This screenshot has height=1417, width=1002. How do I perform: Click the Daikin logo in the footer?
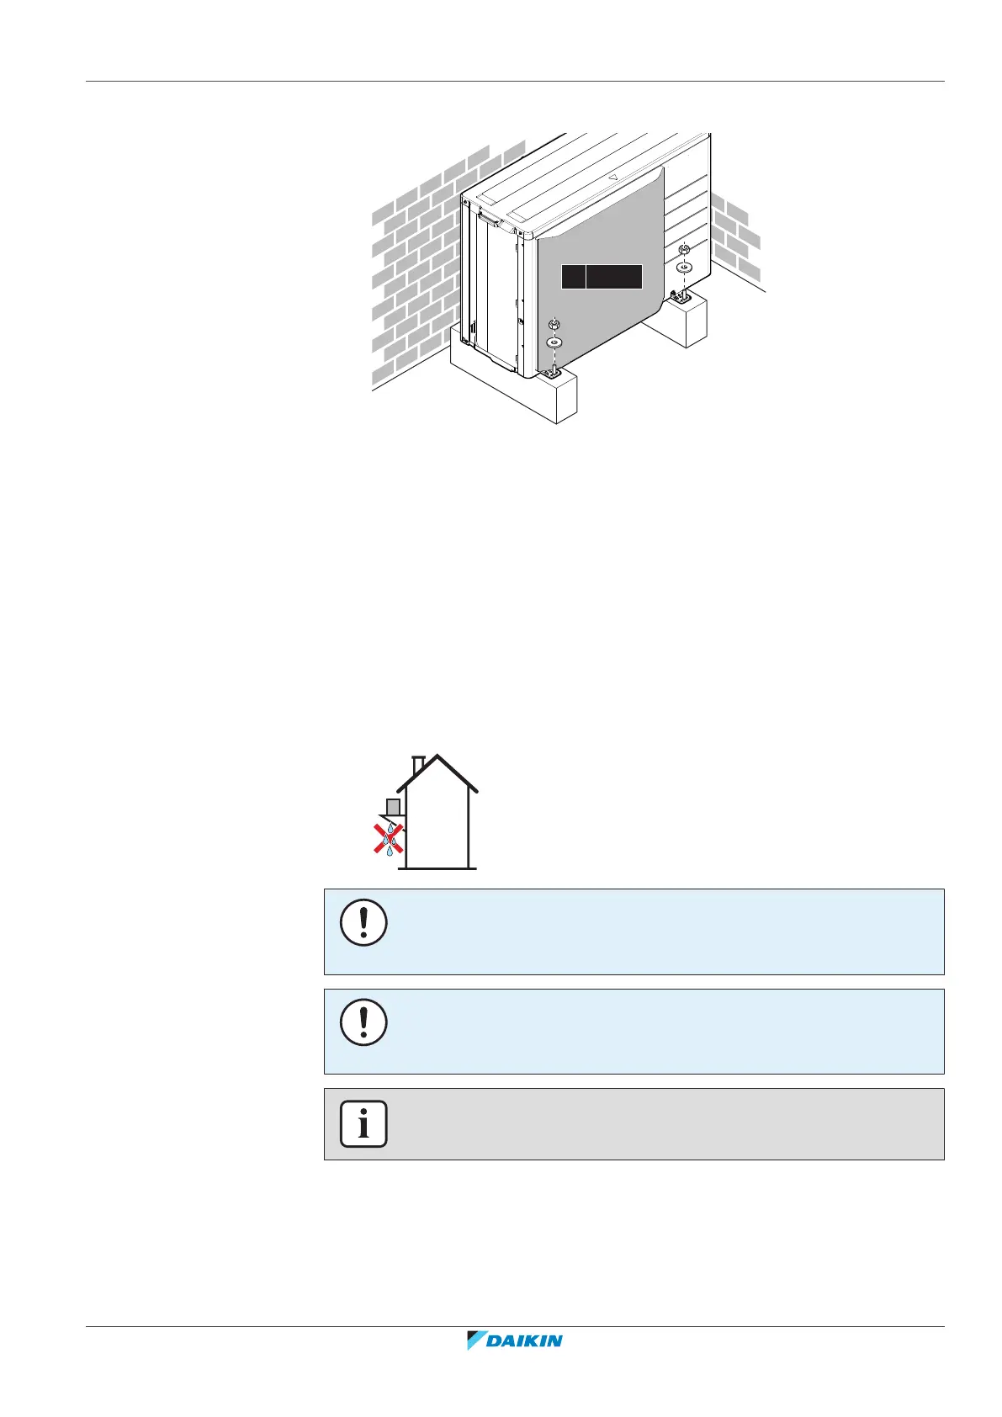tap(515, 1340)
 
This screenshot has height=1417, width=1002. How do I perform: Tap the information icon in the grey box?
tap(363, 1123)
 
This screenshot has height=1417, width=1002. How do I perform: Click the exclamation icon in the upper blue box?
tap(363, 923)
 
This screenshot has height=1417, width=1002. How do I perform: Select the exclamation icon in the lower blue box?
tap(363, 1022)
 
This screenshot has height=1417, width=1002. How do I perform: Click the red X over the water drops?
tap(388, 839)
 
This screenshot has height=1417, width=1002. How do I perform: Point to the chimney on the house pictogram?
tap(418, 765)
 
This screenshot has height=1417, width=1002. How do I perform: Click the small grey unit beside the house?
tap(392, 807)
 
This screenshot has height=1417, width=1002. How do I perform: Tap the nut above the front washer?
tap(554, 325)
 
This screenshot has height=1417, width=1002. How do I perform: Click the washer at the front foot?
tap(554, 342)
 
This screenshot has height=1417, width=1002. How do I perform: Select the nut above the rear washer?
tap(684, 250)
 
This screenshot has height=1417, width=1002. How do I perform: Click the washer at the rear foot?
tap(684, 267)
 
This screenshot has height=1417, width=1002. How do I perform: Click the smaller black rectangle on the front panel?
tap(573, 276)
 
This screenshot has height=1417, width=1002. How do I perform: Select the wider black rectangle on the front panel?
tap(614, 276)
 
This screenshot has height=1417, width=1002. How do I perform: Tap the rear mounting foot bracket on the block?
tap(680, 295)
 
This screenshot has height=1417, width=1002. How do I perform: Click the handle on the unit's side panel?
tap(490, 220)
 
